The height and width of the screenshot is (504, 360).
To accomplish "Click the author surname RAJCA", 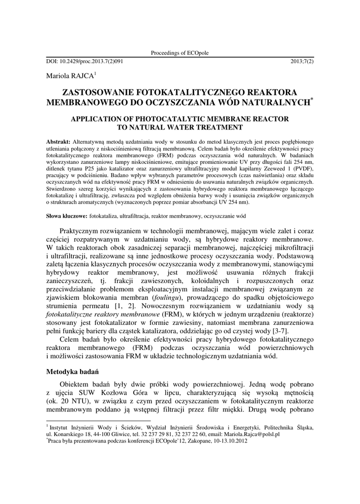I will point(81,76).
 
